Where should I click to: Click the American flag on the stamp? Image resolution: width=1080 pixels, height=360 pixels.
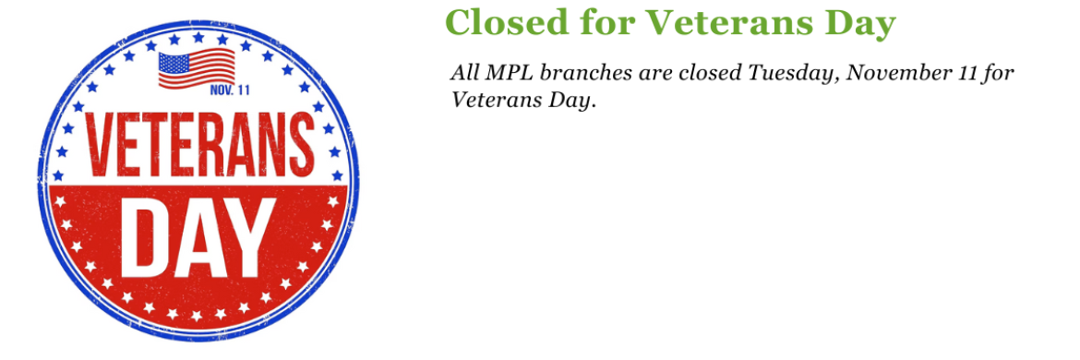(197, 69)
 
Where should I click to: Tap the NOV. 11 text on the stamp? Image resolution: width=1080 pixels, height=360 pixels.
(230, 90)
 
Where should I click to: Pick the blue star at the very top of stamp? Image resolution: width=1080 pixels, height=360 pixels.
(197, 38)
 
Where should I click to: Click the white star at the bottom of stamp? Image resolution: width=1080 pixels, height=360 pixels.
(197, 316)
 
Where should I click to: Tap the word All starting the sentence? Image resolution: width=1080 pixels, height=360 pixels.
(467, 73)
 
